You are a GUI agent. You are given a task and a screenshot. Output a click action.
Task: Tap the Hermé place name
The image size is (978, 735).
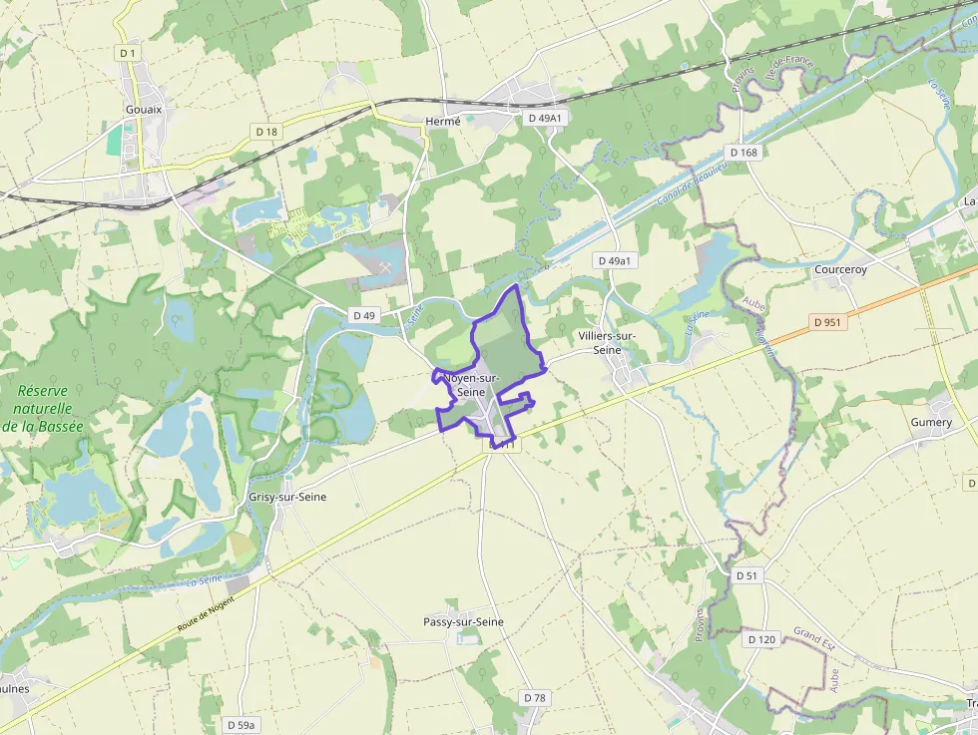(443, 121)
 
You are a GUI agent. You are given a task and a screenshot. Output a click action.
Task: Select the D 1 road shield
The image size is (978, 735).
(126, 52)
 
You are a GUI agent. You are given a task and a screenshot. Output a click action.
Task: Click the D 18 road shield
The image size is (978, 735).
(265, 131)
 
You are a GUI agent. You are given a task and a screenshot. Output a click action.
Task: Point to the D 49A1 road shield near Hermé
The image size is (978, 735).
(545, 118)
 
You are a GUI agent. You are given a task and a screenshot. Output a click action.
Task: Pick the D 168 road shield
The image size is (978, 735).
(743, 153)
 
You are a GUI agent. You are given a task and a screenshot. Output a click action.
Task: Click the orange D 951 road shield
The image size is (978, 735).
(828, 322)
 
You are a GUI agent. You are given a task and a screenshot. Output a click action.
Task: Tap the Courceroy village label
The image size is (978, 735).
(840, 269)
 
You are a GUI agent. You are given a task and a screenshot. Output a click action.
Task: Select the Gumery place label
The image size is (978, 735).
(931, 422)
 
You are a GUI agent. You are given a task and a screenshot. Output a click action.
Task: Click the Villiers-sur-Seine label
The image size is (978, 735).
(607, 342)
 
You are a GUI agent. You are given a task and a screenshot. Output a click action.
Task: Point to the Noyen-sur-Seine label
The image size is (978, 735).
(471, 385)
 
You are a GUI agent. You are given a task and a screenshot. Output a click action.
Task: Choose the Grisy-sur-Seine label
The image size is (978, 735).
(287, 497)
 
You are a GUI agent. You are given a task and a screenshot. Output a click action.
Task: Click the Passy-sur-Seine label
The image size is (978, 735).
(463, 621)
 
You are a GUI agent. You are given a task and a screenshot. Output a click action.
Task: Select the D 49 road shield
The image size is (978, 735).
(364, 315)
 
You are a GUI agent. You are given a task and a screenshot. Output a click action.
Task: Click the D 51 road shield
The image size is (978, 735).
(747, 575)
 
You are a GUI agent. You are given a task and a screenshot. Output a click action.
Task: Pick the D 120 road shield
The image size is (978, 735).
(760, 639)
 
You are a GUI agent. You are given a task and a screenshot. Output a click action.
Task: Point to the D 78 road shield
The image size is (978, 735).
(535, 698)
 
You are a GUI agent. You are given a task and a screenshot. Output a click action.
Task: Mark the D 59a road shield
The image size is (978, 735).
(241, 725)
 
